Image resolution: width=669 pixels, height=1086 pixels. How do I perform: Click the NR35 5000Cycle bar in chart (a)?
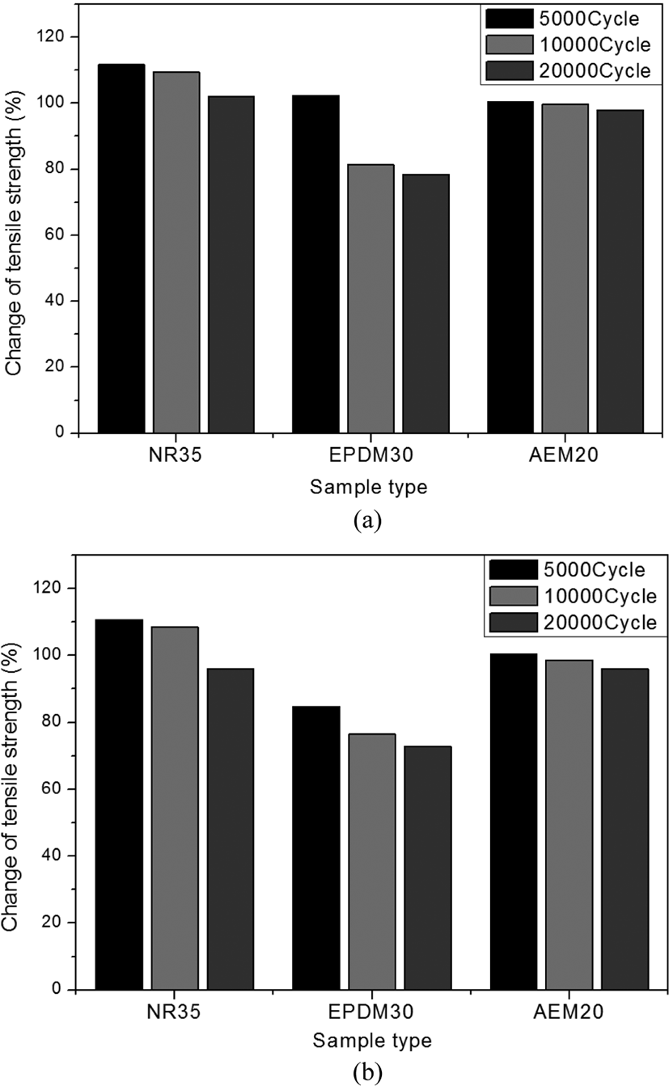click(x=121, y=248)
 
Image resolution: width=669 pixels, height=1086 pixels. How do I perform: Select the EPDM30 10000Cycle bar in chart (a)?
click(x=370, y=298)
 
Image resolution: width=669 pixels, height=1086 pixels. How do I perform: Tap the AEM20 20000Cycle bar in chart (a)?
click(x=620, y=272)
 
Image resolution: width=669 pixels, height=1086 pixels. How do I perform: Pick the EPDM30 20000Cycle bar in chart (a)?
click(x=426, y=303)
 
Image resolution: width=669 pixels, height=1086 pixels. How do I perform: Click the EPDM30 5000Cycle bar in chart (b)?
click(x=315, y=848)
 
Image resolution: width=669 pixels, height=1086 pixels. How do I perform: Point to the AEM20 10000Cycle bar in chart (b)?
click(x=569, y=825)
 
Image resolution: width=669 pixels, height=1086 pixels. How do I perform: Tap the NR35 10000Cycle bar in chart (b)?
click(x=175, y=808)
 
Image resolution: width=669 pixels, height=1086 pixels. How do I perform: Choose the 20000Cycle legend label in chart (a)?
click(x=595, y=71)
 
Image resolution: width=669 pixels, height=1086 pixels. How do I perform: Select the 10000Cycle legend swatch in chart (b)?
click(x=514, y=596)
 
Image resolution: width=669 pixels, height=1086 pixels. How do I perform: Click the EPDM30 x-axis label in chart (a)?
click(x=370, y=455)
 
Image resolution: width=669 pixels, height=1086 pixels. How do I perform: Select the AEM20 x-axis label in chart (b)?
click(x=569, y=1012)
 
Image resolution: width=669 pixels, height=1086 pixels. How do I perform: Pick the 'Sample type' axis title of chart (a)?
click(x=369, y=486)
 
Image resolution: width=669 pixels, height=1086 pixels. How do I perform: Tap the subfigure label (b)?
click(x=368, y=1072)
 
